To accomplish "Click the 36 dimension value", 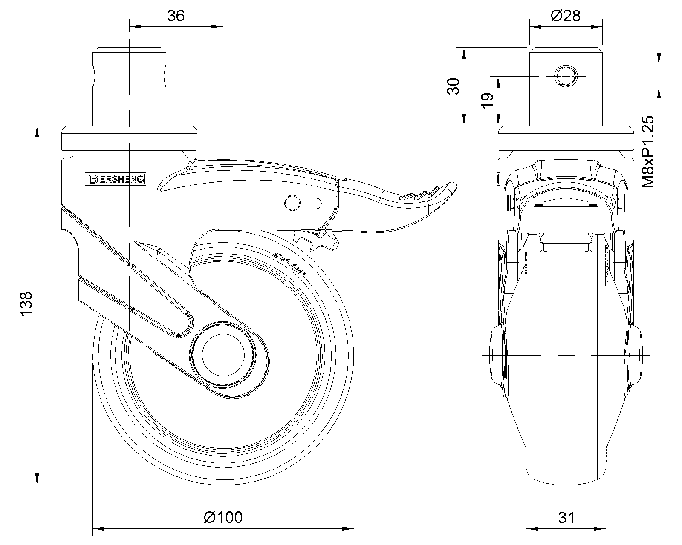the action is tap(176, 16).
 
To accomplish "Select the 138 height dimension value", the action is tap(26, 304).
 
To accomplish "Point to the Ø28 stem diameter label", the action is tap(566, 16).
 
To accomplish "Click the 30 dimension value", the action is tap(453, 86).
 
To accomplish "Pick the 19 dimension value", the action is tap(487, 101).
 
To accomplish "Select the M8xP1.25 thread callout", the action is tap(648, 152).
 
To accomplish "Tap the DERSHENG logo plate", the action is tap(116, 179).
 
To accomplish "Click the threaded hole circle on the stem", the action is tap(566, 76).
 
